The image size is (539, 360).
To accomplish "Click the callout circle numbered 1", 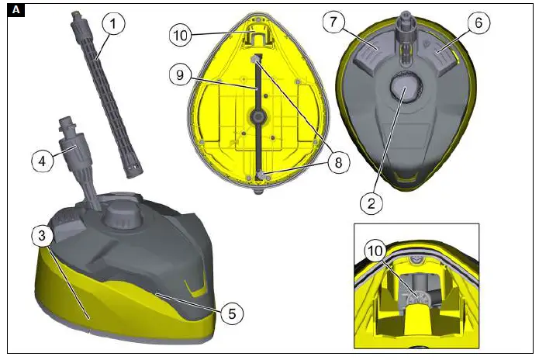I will pos(113,25).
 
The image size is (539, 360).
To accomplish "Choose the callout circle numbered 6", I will pos(479,24).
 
